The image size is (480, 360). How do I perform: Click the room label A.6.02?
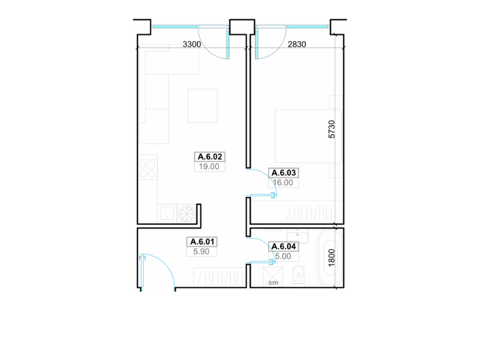[x=209, y=157]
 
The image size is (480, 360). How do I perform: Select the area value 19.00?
[x=209, y=167]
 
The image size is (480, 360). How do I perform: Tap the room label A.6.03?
[x=283, y=173]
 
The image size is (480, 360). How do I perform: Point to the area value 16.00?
[x=283, y=183]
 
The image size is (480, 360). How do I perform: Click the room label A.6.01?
[x=202, y=242]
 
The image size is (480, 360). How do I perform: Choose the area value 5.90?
[x=201, y=251]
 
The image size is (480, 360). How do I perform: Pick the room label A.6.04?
[x=283, y=247]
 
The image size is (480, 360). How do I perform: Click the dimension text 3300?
[x=191, y=44]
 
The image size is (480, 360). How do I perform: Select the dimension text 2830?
[x=296, y=44]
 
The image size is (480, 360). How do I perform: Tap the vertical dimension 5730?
[x=332, y=129]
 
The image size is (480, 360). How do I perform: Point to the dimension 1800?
[x=332, y=258]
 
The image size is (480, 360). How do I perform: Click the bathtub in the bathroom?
[x=329, y=258]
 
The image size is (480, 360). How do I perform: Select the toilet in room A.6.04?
[x=298, y=275]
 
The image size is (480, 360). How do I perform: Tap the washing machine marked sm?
[x=273, y=277]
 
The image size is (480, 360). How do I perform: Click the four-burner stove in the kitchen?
[x=148, y=170]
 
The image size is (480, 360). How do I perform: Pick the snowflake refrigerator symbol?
[x=187, y=214]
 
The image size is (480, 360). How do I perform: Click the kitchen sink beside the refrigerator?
[x=167, y=214]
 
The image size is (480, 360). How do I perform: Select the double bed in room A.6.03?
[x=308, y=136]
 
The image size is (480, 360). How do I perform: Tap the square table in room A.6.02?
[x=202, y=106]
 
